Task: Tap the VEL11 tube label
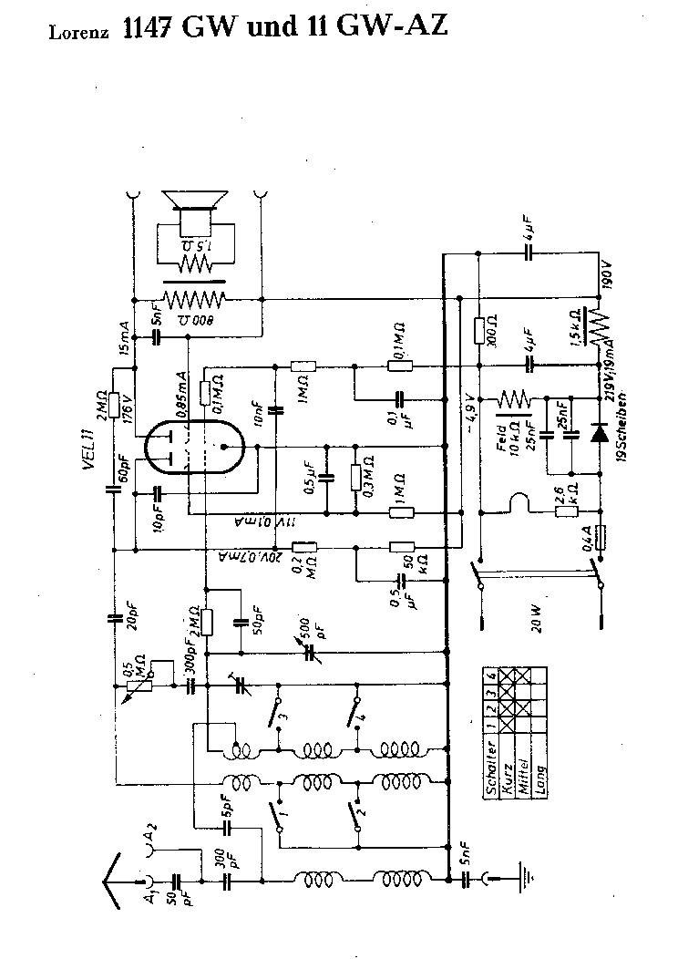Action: [88, 447]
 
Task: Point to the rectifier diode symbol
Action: [599, 433]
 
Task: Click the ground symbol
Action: [526, 878]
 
